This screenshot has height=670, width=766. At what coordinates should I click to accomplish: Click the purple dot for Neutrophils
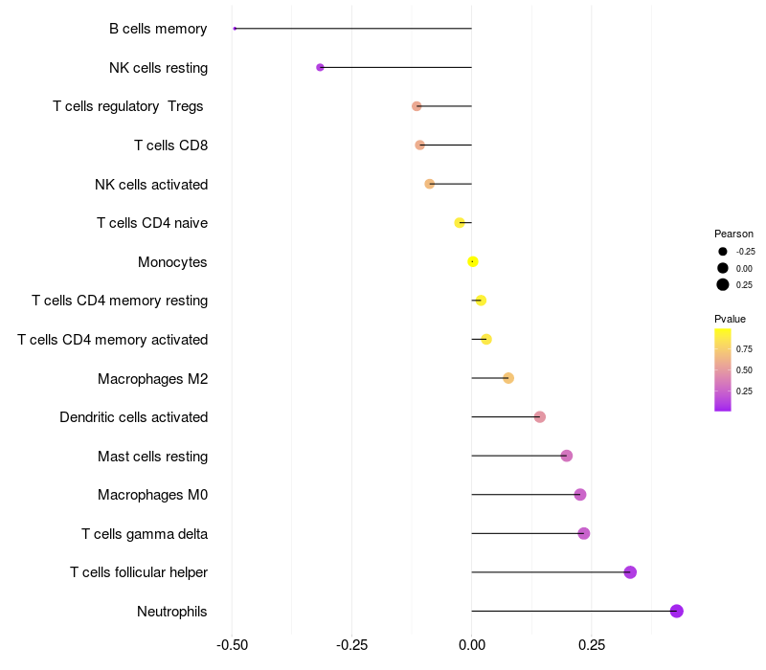click(676, 611)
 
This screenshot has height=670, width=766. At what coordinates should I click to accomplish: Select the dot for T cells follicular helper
click(630, 572)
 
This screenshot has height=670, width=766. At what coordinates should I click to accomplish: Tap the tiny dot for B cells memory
click(235, 29)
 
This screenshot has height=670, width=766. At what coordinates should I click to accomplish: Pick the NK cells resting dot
click(320, 67)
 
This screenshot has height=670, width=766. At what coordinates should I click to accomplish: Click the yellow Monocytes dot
click(473, 261)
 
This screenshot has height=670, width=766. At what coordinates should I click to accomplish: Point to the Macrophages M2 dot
click(508, 378)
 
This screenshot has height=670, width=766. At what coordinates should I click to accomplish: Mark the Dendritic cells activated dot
click(540, 417)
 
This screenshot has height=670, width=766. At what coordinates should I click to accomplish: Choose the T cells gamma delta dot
click(584, 533)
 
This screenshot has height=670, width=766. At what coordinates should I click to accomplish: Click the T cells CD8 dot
click(419, 145)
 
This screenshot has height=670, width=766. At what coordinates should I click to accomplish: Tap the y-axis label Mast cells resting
click(152, 456)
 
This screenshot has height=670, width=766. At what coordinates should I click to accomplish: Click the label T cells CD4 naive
click(152, 223)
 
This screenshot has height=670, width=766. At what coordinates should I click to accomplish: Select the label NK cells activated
click(151, 184)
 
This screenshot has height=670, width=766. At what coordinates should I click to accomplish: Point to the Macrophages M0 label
click(152, 495)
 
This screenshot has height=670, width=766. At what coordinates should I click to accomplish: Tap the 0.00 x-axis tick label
click(472, 645)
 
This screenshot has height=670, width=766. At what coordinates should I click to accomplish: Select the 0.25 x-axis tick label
click(592, 645)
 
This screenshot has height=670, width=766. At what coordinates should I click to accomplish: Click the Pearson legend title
click(733, 234)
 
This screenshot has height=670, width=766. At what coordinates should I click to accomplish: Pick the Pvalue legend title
click(730, 319)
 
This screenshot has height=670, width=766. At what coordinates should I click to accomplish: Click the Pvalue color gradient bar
click(723, 369)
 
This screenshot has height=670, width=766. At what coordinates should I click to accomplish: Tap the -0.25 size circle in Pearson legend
click(723, 251)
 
